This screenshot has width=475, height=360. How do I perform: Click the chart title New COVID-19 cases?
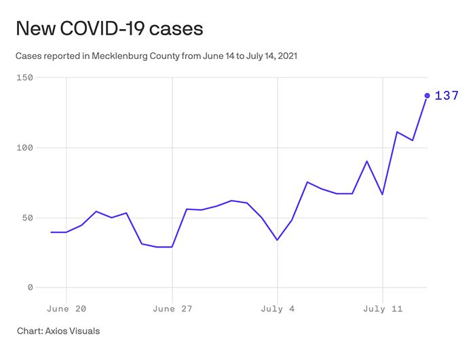[109, 28]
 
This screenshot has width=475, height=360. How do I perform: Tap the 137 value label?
[446, 96]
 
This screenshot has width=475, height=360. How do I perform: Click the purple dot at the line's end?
[427, 96]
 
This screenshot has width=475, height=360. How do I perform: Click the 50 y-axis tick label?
[27, 218]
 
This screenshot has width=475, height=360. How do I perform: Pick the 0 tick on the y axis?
[30, 287]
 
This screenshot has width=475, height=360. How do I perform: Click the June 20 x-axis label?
[66, 308]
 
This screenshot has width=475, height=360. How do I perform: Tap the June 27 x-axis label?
[172, 308]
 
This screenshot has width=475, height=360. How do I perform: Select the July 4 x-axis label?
[278, 308]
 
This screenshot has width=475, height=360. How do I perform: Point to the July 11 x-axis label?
[383, 308]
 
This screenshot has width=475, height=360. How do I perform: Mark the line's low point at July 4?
[278, 240]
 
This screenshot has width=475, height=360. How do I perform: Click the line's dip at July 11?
[383, 195]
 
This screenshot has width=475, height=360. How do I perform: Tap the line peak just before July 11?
[367, 161]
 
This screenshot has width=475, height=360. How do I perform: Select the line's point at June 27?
[172, 247]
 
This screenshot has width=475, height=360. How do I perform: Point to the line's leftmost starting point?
[51, 232]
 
